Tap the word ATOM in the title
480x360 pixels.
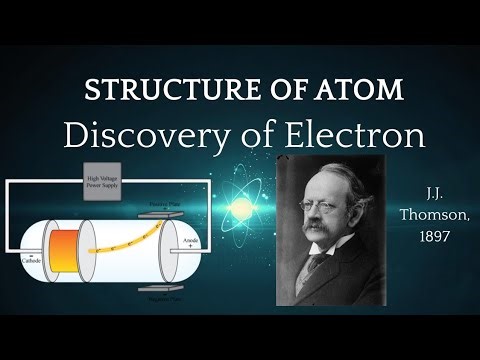click(359, 89)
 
